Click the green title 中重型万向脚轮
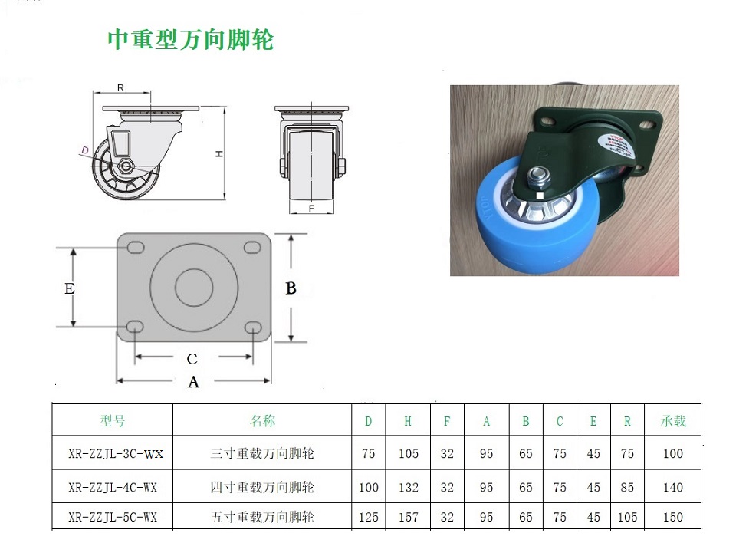coord(191,39)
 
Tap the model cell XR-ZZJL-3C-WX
coord(116,454)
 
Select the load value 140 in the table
coord(672,488)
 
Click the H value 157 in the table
coord(409,517)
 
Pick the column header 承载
coord(673,421)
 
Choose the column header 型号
coord(113,421)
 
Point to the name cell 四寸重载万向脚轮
coord(262,488)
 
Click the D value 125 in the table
coord(369,517)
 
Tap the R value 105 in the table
coord(627,517)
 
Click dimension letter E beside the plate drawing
coord(70,288)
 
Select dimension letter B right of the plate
coord(291,288)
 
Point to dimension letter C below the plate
coord(192,360)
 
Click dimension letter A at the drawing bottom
coord(193,383)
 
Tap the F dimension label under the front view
coord(312,208)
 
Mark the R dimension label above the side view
coord(120,88)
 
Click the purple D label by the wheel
coord(85,150)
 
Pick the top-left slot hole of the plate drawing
coord(135,248)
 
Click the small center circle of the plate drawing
coord(194,288)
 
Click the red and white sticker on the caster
coord(616,143)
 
